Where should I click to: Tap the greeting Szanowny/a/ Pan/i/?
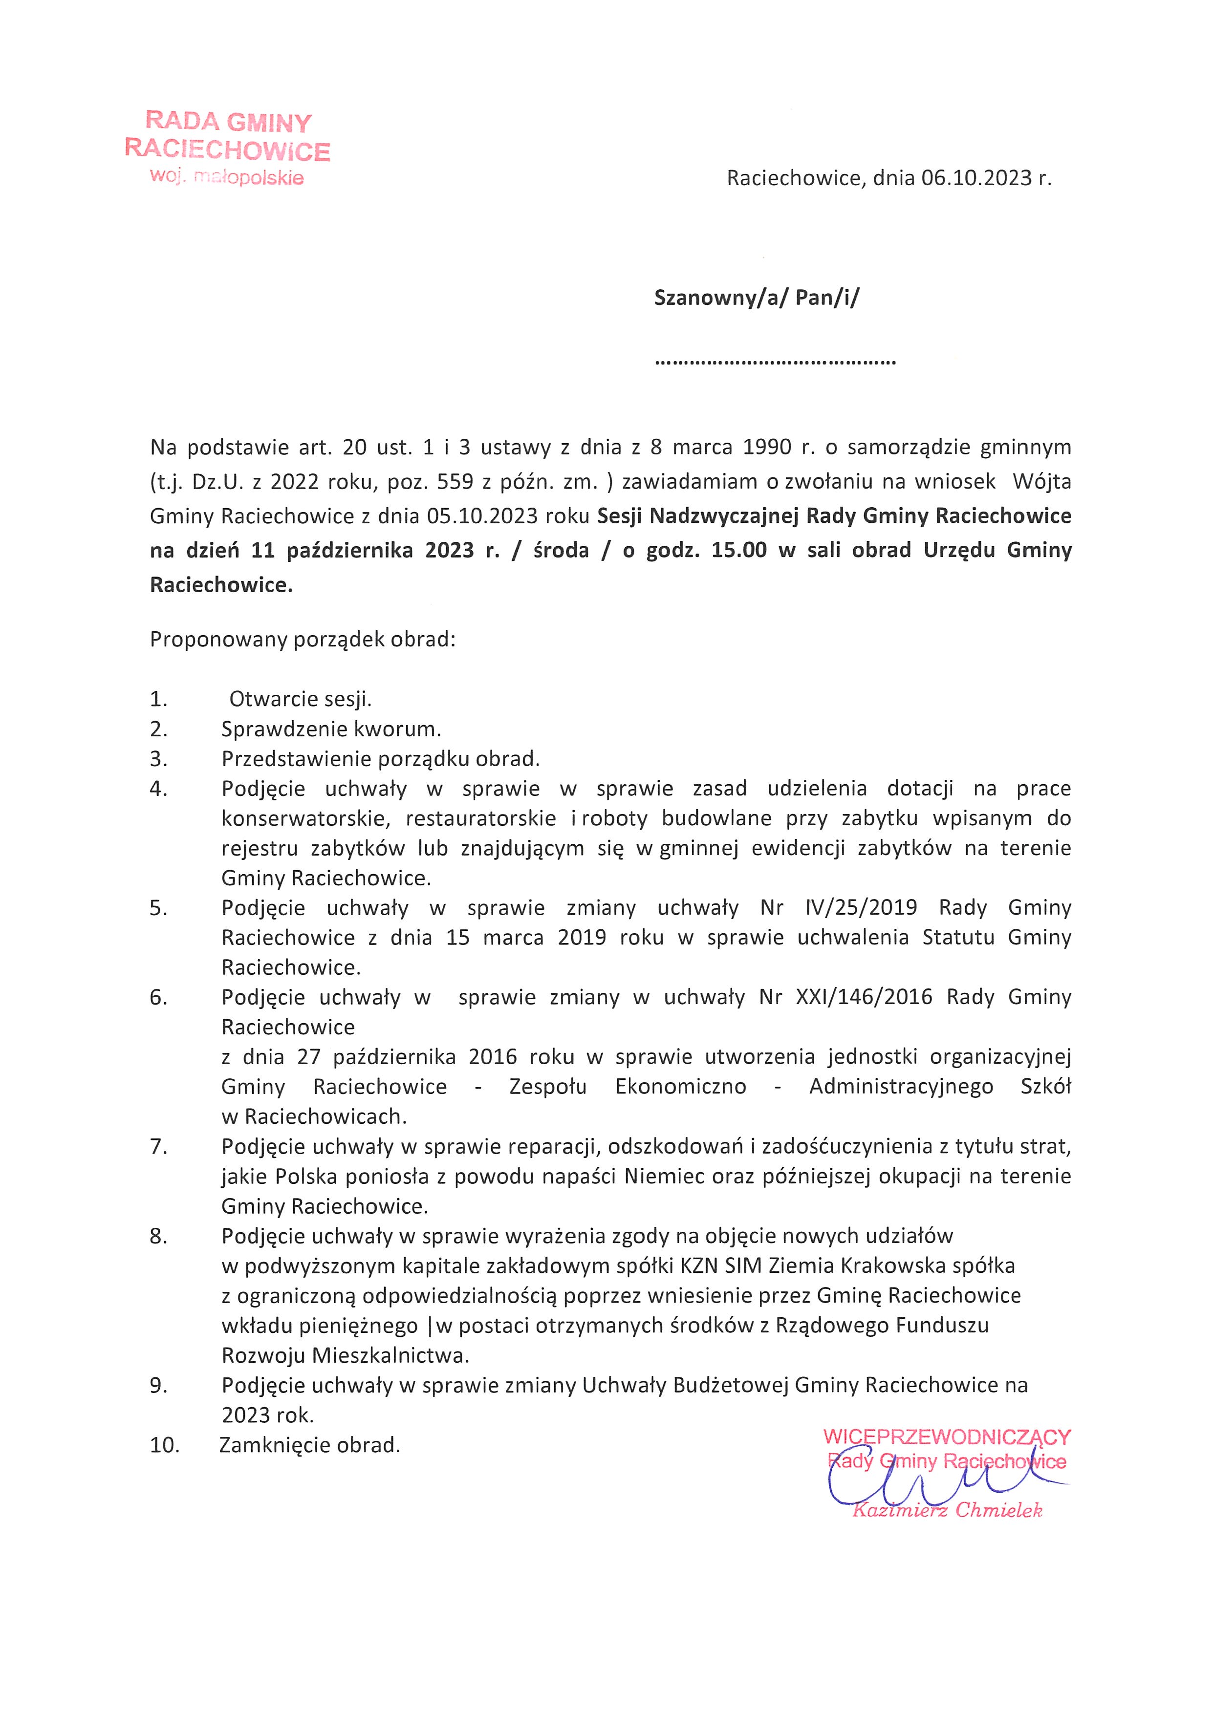pyautogui.click(x=756, y=298)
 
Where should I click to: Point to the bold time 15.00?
pyautogui.click(x=739, y=551)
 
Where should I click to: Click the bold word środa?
pyautogui.click(x=561, y=551)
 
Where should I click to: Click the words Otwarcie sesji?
pyautogui.click(x=300, y=699)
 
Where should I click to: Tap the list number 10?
pyautogui.click(x=164, y=1445)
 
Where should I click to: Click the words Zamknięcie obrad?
pyautogui.click(x=309, y=1445)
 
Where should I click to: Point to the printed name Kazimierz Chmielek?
pyautogui.click(x=946, y=1510)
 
